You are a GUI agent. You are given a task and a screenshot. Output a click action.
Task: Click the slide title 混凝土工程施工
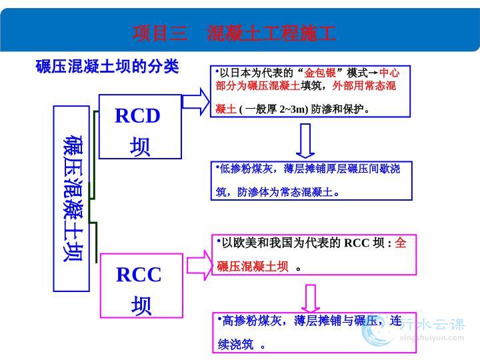271,33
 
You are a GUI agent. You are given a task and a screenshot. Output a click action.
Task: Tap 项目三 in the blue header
160,33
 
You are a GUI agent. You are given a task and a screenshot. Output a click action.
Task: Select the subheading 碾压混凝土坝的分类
107,66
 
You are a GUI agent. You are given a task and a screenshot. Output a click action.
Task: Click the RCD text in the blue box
137,116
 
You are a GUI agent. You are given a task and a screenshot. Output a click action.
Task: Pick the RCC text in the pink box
139,275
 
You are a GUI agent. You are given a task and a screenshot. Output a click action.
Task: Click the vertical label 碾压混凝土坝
73,199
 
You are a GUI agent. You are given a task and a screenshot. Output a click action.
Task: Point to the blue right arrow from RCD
195,101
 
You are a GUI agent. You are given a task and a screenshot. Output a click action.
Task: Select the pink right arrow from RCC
199,265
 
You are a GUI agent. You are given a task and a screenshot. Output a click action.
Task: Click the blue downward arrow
305,141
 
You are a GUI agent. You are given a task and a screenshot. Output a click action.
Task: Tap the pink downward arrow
311,299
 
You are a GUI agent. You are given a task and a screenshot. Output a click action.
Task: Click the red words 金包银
320,73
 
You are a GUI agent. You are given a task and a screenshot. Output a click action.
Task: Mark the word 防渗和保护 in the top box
337,109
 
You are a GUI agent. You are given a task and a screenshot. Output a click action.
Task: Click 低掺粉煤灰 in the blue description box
246,169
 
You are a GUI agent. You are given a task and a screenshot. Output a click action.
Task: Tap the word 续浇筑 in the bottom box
236,345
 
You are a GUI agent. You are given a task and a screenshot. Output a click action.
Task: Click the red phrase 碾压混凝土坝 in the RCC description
253,266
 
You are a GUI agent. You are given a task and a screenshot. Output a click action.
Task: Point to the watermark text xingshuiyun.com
432,338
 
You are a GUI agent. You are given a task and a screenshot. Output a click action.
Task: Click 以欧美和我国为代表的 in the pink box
281,243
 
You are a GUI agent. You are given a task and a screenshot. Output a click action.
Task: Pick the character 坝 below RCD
140,147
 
